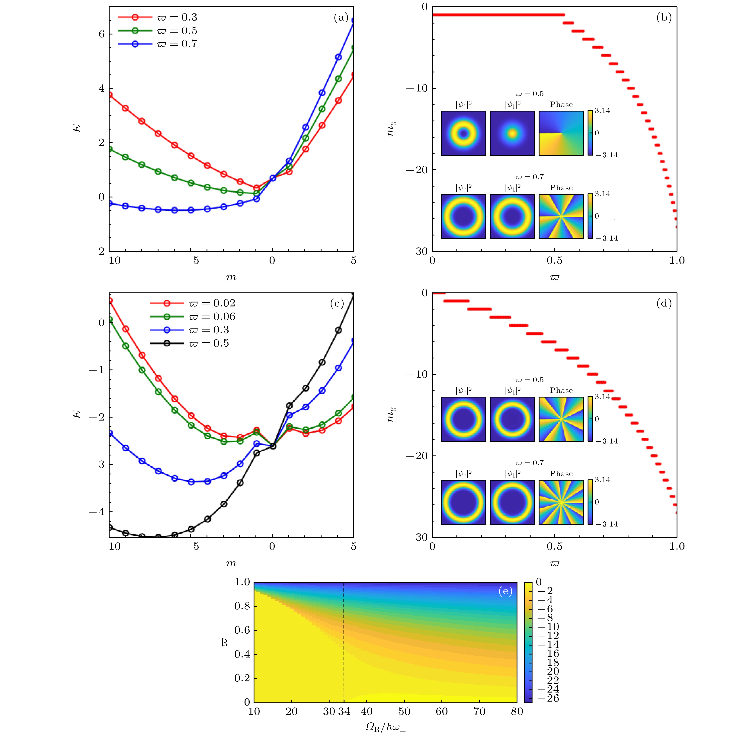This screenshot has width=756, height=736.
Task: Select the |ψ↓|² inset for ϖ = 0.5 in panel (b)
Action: [512, 133]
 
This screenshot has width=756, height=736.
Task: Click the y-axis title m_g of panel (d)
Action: [391, 414]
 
